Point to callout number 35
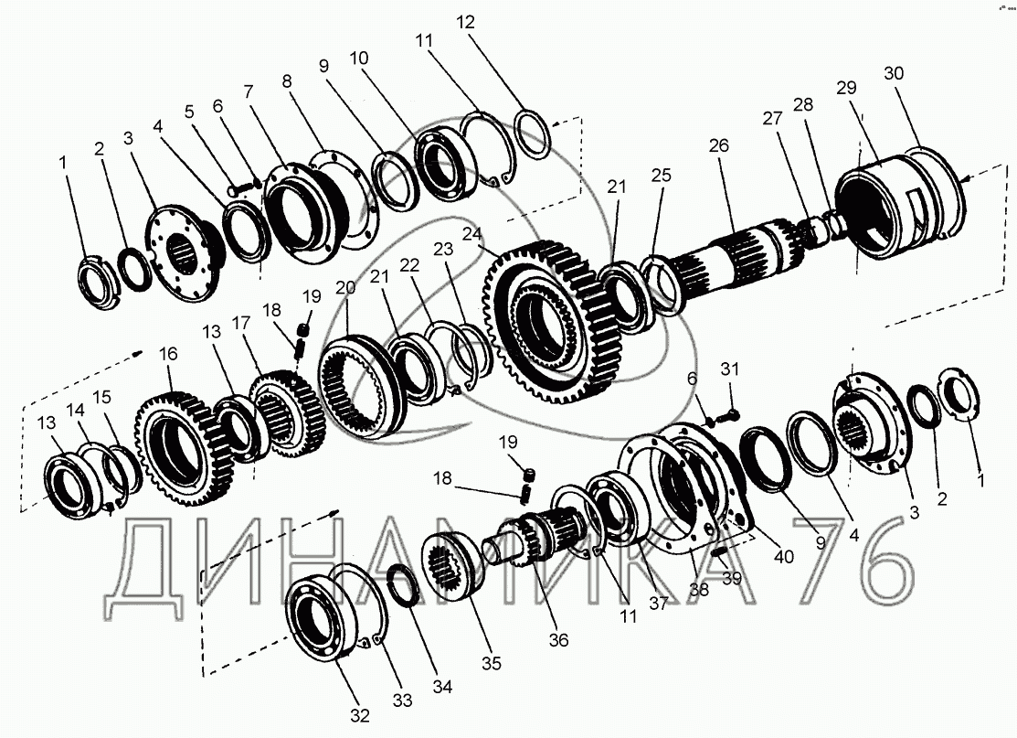point(491,664)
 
